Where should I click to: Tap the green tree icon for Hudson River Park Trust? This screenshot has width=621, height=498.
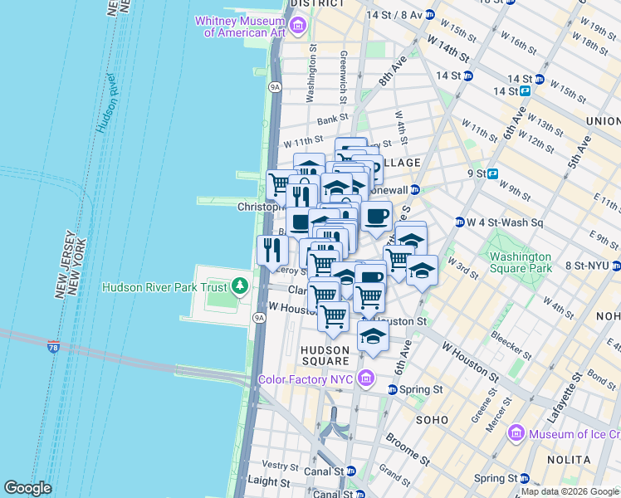coord(240,287)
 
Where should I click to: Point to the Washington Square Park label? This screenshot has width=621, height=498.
coord(520,263)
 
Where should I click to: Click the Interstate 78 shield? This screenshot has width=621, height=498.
coord(54,345)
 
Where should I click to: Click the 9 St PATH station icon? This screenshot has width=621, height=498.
coord(492,174)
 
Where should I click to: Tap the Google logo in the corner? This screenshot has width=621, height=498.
coord(28,488)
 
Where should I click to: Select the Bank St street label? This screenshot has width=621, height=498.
coord(332,120)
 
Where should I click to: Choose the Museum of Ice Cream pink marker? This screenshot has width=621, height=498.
coord(516,433)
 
